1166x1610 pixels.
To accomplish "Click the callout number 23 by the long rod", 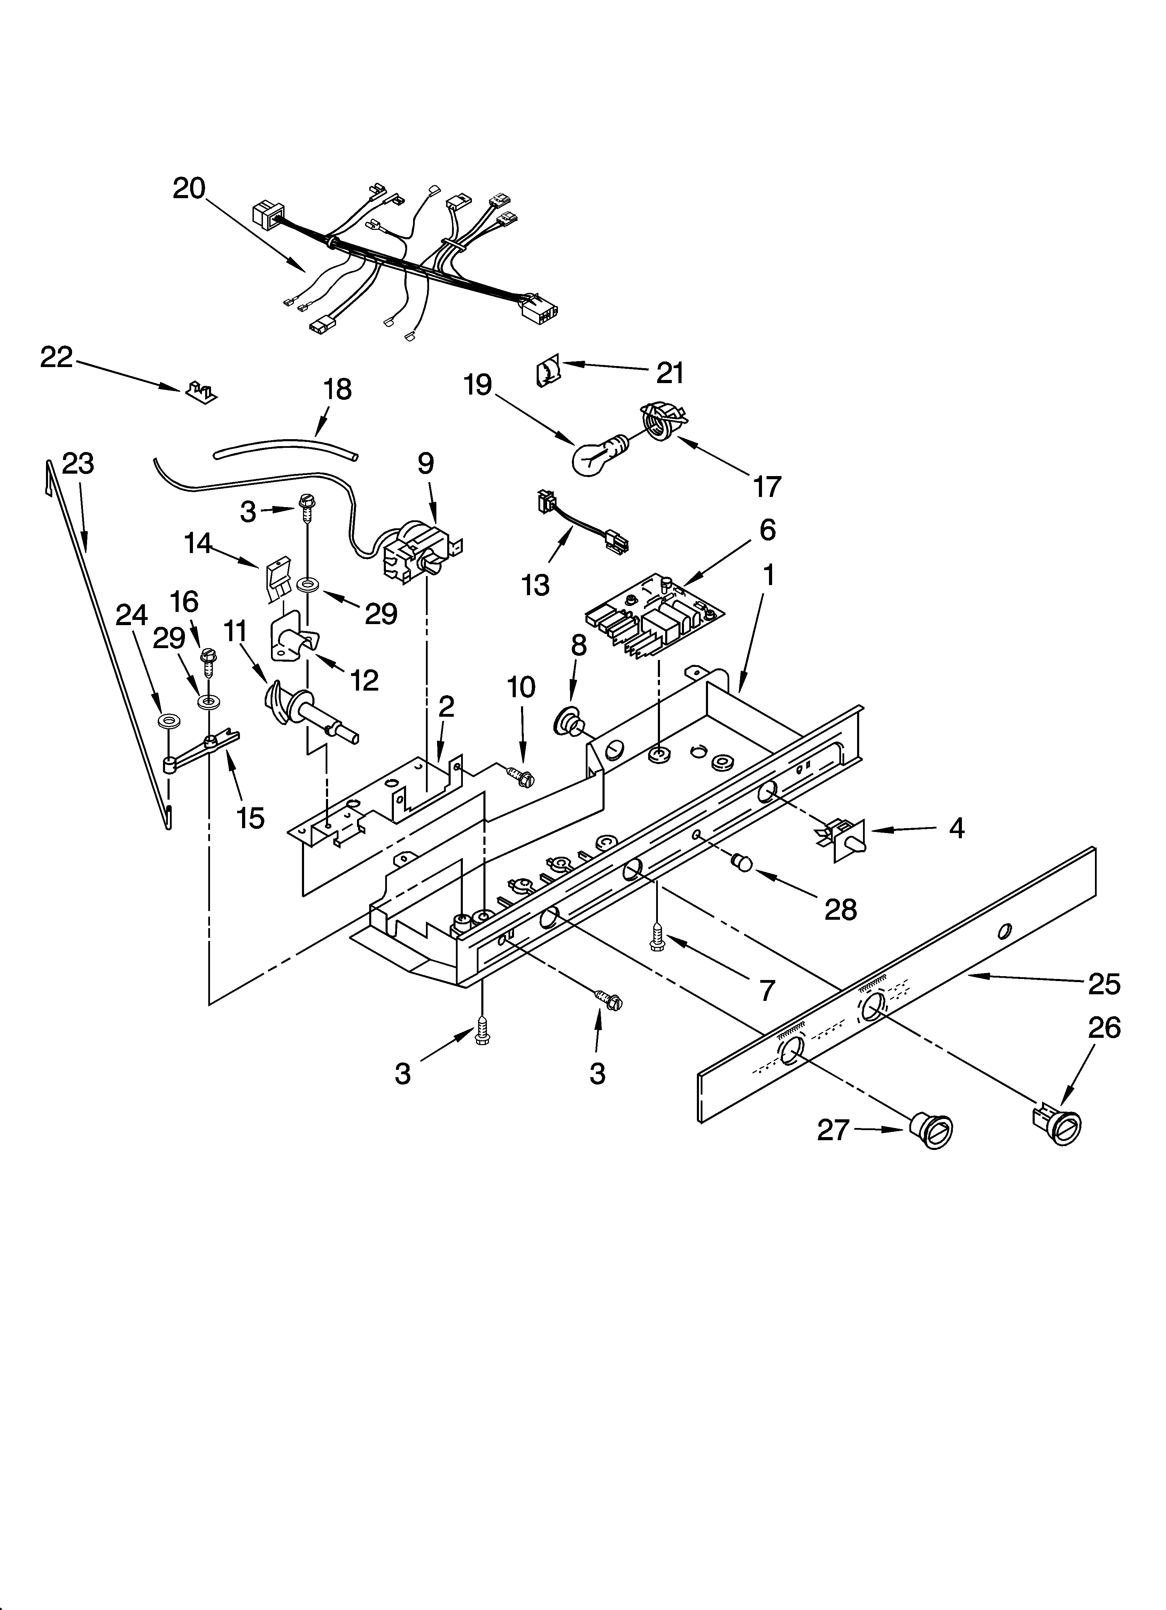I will [78, 464].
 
